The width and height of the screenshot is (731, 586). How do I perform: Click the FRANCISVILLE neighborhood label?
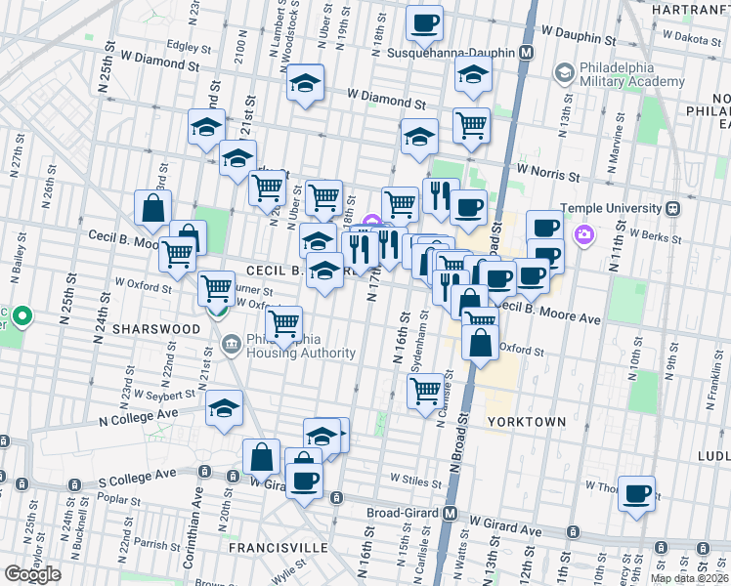point(278,548)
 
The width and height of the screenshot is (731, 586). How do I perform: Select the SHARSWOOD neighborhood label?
point(156,329)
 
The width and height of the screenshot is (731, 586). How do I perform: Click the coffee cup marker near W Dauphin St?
point(424,24)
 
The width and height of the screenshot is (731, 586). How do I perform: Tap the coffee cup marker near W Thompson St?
point(636,494)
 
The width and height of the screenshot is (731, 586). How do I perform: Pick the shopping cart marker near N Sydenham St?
point(425,392)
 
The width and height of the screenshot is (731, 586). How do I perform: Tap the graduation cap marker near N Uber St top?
point(306,83)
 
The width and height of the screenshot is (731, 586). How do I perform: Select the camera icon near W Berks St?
point(584,233)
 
